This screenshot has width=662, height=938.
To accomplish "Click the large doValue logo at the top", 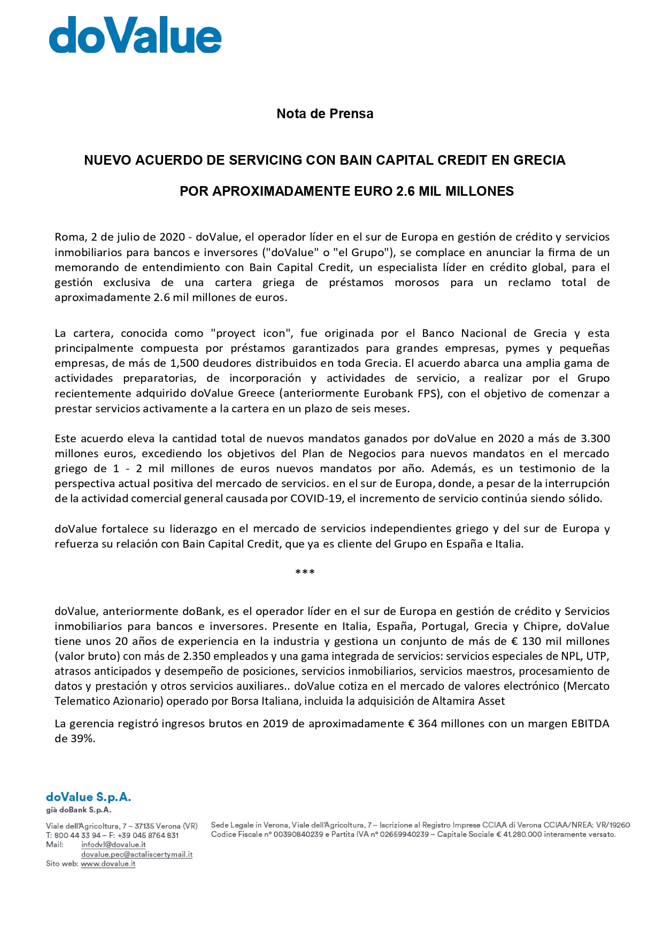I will pyautogui.click(x=135, y=35).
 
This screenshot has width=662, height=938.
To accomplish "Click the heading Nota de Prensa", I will pyautogui.click(x=325, y=114).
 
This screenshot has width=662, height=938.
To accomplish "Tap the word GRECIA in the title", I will pyautogui.click(x=539, y=160).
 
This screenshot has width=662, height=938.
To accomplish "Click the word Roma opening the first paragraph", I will pyautogui.click(x=70, y=237).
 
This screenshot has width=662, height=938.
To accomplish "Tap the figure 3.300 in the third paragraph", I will pyautogui.click(x=595, y=439).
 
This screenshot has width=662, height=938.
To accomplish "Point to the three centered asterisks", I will pyautogui.click(x=305, y=573).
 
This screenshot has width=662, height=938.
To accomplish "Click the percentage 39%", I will pyautogui.click(x=82, y=739).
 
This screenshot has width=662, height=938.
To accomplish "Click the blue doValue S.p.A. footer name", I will pyautogui.click(x=88, y=797).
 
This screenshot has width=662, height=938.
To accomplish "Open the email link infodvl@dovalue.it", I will pyautogui.click(x=113, y=845).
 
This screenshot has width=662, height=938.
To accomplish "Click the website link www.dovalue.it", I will pyautogui.click(x=108, y=864).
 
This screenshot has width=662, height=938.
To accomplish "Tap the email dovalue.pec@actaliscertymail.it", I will pyautogui.click(x=136, y=855).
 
